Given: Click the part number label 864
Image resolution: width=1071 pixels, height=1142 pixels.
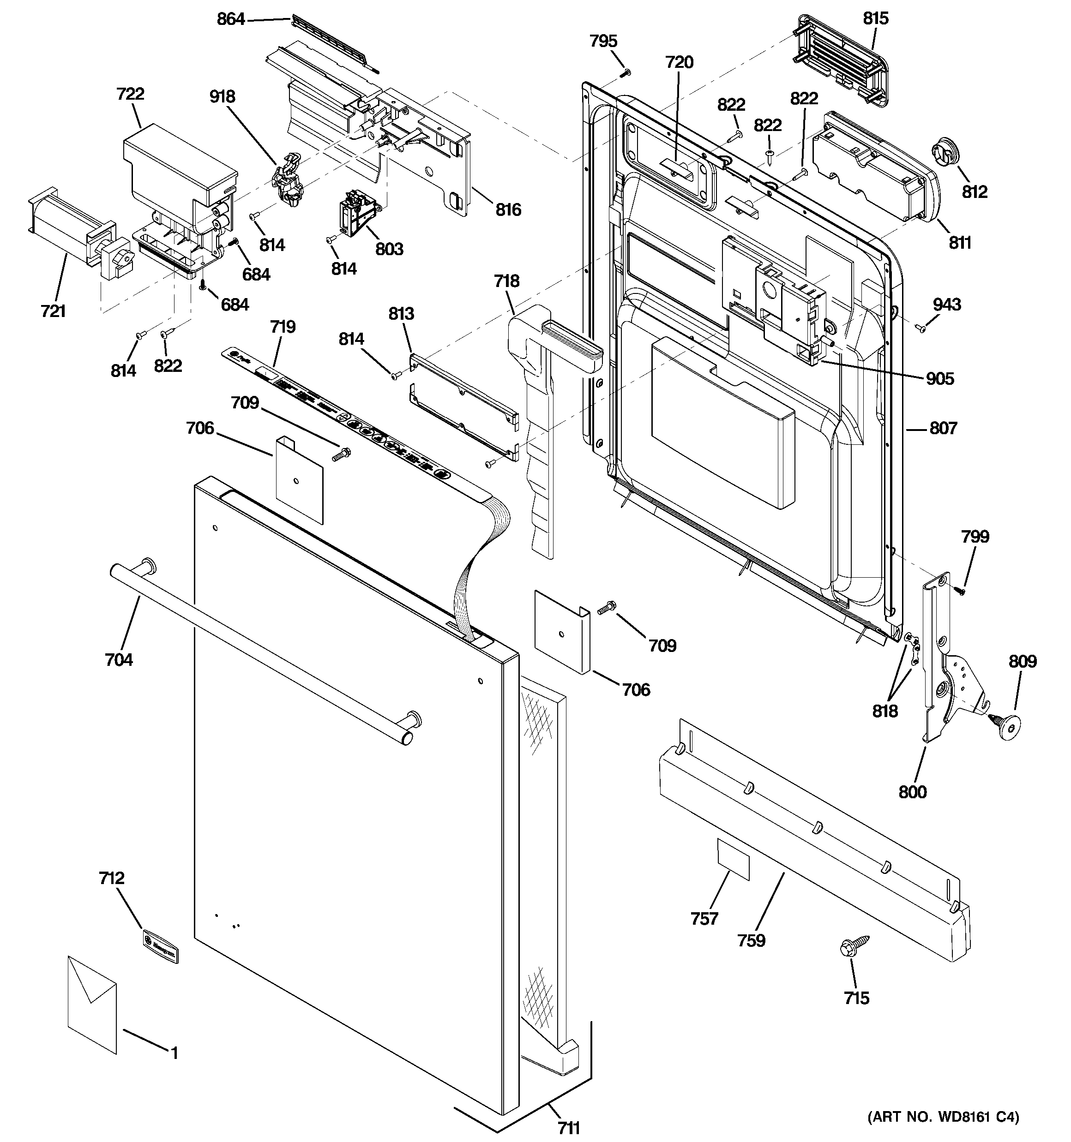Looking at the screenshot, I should pos(230,19).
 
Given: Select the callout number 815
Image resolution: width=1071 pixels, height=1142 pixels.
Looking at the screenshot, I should pos(875,18).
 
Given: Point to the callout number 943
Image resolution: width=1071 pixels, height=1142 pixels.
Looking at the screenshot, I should pos(946,305).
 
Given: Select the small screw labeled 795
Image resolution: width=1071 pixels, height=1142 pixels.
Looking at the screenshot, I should pos(627,72).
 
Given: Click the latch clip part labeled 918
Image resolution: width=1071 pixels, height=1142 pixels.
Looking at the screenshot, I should pos(291,178).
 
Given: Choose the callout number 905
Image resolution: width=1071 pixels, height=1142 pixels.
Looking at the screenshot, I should pos(939,378).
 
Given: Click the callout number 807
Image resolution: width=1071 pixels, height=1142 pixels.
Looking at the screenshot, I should pos(943,428).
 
